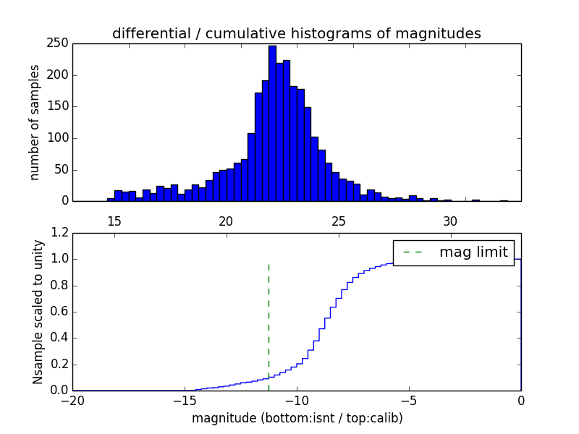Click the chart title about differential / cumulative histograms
click(x=296, y=33)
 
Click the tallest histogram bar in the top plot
click(x=272, y=123)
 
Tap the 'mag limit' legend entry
click(x=454, y=252)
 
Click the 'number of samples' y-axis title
click(x=35, y=122)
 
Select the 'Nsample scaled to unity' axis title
click(x=38, y=312)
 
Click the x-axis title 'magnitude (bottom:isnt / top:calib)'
click(x=297, y=418)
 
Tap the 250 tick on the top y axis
click(x=59, y=43)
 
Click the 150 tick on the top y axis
click(x=59, y=106)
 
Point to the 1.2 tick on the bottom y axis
click(x=61, y=233)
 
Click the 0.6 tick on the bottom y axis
click(x=61, y=312)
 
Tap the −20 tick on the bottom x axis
click(x=72, y=401)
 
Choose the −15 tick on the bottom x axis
click(x=185, y=401)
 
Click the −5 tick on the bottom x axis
click(x=409, y=401)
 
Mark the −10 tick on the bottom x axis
click(x=297, y=401)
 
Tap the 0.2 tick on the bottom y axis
click(x=61, y=365)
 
